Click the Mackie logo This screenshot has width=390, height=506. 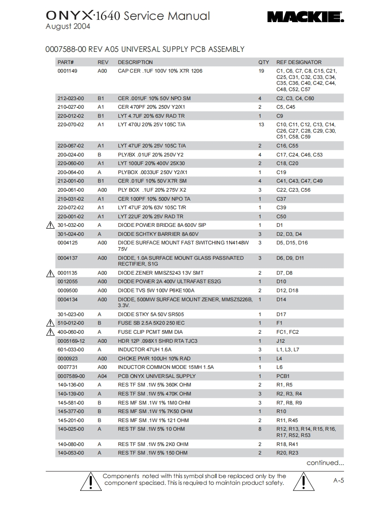(305, 18)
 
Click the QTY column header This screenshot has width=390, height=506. (263, 62)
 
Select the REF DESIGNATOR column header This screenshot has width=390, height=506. (299, 62)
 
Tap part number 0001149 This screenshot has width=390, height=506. (67, 71)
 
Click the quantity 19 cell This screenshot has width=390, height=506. (261, 71)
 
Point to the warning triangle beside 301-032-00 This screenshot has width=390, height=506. (50, 225)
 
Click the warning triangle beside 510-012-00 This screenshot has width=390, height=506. (50, 323)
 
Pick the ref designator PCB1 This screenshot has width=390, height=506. (283, 376)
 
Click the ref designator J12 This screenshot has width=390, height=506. (281, 341)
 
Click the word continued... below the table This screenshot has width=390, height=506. (325, 463)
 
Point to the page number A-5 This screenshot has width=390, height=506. (339, 480)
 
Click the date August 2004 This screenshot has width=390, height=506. (68, 27)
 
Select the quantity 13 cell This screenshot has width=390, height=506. (261, 124)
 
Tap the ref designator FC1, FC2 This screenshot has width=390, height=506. (287, 332)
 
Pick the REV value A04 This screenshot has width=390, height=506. (103, 376)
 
